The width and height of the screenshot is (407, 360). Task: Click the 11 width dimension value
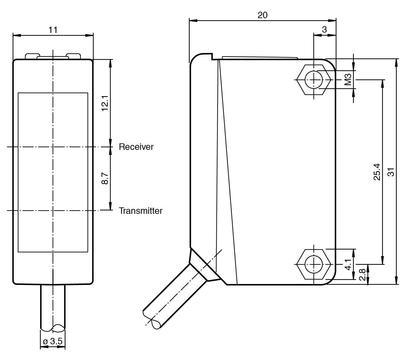pos(53,30)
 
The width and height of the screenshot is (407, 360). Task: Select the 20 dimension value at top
pos(263,15)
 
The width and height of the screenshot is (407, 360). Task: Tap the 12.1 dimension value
pos(105,103)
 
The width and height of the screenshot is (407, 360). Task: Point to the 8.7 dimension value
pos(105,178)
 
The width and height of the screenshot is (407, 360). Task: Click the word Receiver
pos(136,147)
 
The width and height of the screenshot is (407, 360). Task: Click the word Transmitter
pos(140,211)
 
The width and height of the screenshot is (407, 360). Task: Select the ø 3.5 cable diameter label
pos(53,342)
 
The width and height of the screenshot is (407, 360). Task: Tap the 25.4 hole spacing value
pos(377,172)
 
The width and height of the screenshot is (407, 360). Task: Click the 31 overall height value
pos(391,172)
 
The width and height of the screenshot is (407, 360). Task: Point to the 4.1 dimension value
pos(348,264)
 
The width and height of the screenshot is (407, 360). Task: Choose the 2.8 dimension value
pos(362,274)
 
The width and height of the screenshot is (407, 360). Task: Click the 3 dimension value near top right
pos(324,30)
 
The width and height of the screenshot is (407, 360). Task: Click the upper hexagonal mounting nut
pos(314,80)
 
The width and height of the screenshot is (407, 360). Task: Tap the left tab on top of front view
pos(31,56)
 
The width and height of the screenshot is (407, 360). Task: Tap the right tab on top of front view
pos(74,56)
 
